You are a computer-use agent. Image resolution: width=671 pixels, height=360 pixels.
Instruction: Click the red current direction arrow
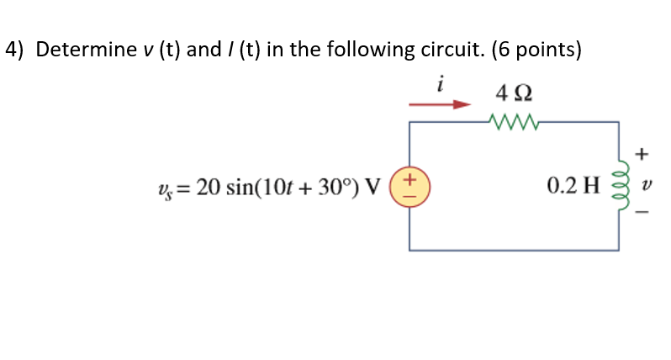pos(439,105)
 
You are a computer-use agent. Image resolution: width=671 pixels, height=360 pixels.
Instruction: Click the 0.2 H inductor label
pos(572,185)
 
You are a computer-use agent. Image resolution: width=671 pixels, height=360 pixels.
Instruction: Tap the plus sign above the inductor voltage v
pos(642,154)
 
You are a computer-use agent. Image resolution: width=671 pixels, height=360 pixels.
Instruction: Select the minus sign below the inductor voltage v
pos(642,214)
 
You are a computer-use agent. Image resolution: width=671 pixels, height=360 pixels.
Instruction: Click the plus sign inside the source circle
pos(409,178)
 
